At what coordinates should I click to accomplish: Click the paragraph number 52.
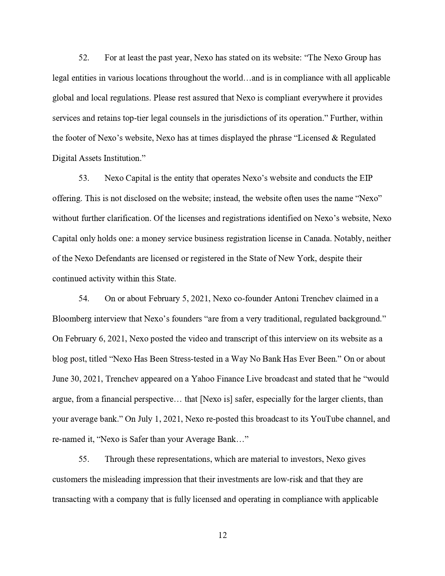tap(84, 58)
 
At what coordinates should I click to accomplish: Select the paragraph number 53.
tap(84, 178)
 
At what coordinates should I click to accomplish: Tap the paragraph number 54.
tap(84, 299)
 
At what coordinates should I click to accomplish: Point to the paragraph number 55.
tap(84, 459)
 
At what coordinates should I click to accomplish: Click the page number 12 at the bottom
tap(223, 536)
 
